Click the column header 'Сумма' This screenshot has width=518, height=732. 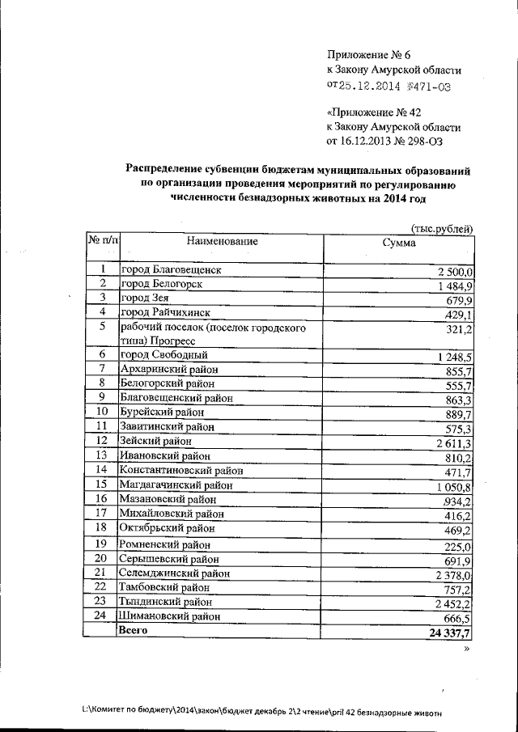[x=399, y=243]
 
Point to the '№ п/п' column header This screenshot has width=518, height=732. [x=103, y=242]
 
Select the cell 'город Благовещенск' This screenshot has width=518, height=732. [x=171, y=270]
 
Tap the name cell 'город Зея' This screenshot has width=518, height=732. [x=144, y=298]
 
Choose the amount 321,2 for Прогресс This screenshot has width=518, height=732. [x=460, y=331]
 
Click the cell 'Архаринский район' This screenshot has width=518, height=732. [x=168, y=370]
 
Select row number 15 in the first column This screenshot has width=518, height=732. [x=102, y=484]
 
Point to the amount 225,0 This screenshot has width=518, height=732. [x=460, y=546]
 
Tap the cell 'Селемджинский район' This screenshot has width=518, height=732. [x=173, y=573]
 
